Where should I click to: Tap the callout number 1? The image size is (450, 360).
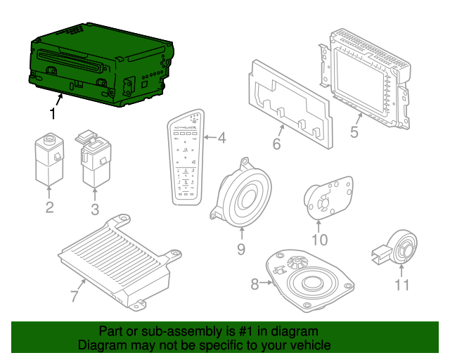point(52,112)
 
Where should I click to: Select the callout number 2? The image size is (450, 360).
point(49,207)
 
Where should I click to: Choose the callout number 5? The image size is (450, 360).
point(355,131)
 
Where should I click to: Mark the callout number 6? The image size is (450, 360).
point(276,145)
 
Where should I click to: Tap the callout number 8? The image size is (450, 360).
point(254,284)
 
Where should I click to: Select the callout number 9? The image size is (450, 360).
point(240,248)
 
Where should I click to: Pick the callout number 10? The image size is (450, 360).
point(319,240)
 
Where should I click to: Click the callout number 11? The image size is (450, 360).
point(401,285)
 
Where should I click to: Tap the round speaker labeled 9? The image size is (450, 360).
point(243,195)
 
